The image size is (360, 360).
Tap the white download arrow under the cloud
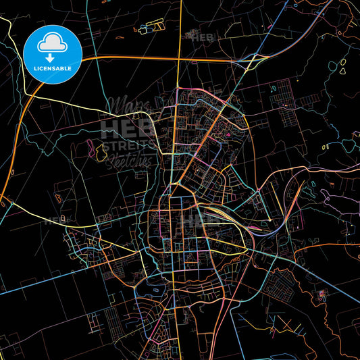tap(51, 59)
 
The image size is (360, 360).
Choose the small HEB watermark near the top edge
tap(202, 37)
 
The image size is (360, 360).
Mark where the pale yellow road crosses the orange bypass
tap(178, 58)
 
